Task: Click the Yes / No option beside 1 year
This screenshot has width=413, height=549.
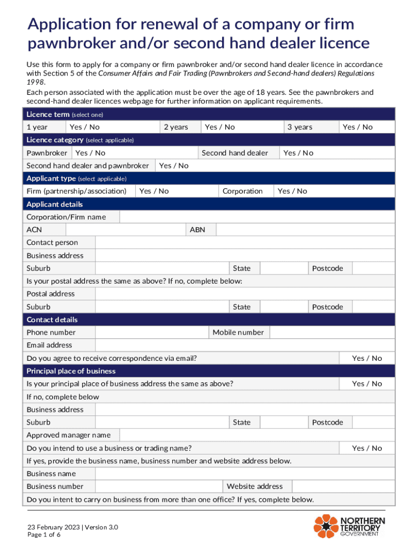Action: pyautogui.click(x=85, y=127)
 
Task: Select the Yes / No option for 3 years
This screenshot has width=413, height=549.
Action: pyautogui.click(x=357, y=127)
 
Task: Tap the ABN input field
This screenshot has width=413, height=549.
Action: pyautogui.click(x=305, y=230)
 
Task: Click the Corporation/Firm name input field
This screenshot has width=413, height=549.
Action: pyautogui.click(x=257, y=217)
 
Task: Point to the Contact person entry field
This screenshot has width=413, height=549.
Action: pyautogui.click(x=245, y=243)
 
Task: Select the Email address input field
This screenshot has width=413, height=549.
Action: pyautogui.click(x=245, y=345)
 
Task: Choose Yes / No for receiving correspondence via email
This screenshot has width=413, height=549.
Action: pyautogui.click(x=367, y=358)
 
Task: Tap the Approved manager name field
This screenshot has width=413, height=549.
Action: pyautogui.click(x=257, y=435)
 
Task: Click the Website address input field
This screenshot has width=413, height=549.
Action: pyautogui.click(x=343, y=486)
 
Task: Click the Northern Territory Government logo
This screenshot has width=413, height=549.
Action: pyautogui.click(x=349, y=525)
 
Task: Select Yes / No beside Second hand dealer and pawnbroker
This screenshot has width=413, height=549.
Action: pyautogui.click(x=174, y=166)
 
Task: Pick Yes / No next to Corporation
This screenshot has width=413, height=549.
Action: pyautogui.click(x=292, y=191)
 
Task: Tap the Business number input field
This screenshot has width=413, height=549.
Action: pyautogui.click(x=159, y=486)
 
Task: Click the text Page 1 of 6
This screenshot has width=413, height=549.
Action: pyautogui.click(x=44, y=535)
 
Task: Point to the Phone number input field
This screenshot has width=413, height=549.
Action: pyautogui.click(x=152, y=332)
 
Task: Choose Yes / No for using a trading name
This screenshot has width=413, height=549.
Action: pyautogui.click(x=367, y=448)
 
